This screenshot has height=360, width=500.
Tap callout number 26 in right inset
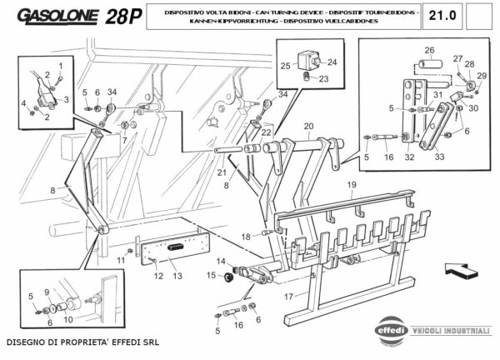(429, 49)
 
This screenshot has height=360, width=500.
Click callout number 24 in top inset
(331, 61)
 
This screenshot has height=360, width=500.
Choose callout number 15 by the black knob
(211, 275)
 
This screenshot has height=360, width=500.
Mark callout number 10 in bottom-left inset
(68, 319)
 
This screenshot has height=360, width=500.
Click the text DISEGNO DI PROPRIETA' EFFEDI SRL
(80, 343)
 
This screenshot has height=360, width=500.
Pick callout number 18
(246, 237)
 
